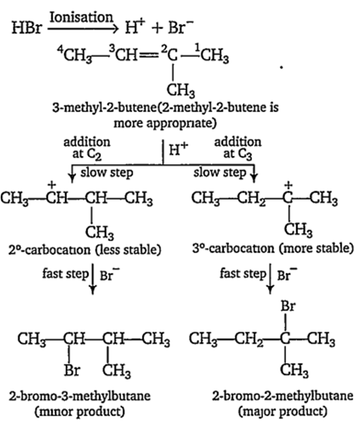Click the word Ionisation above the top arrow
click(81, 17)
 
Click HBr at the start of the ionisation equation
click(27, 28)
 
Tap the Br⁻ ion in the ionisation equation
click(181, 27)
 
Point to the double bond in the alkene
click(150, 56)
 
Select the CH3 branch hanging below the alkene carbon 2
click(181, 90)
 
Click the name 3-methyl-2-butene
click(105, 107)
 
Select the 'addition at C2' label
click(87, 148)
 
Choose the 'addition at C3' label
click(237, 148)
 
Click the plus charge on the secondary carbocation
click(51, 185)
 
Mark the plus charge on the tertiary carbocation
click(288, 185)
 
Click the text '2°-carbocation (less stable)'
click(85, 250)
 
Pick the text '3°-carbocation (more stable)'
click(273, 249)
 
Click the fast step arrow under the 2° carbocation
click(93, 278)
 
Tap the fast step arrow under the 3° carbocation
click(270, 278)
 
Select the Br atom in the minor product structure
click(72, 370)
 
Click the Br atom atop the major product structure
click(288, 306)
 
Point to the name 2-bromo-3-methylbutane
click(80, 395)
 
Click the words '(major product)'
click(282, 411)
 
